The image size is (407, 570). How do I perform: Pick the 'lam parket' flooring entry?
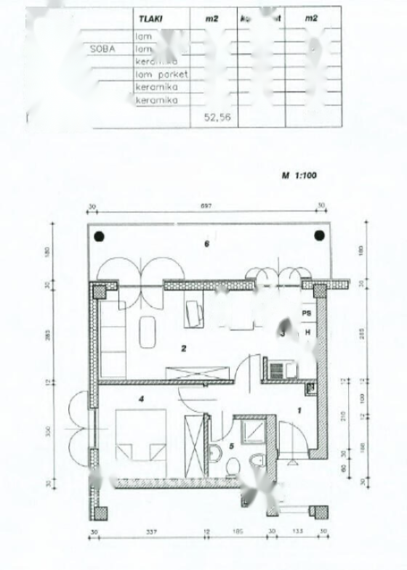(x=161, y=74)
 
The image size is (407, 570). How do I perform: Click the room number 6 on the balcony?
(x=206, y=244)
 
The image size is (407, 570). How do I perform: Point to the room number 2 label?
(x=184, y=349)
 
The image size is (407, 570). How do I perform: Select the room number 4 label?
(x=142, y=398)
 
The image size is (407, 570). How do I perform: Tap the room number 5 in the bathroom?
(x=231, y=446)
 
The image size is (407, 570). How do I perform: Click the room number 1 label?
(x=298, y=410)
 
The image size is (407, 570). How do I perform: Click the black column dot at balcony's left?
(x=99, y=235)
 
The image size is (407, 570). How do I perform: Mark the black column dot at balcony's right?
(x=319, y=235)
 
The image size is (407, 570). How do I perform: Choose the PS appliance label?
(x=307, y=313)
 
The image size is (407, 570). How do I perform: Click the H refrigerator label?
(x=307, y=332)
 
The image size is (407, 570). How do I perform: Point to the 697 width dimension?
(x=206, y=206)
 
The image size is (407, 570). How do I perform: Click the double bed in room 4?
(x=141, y=435)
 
